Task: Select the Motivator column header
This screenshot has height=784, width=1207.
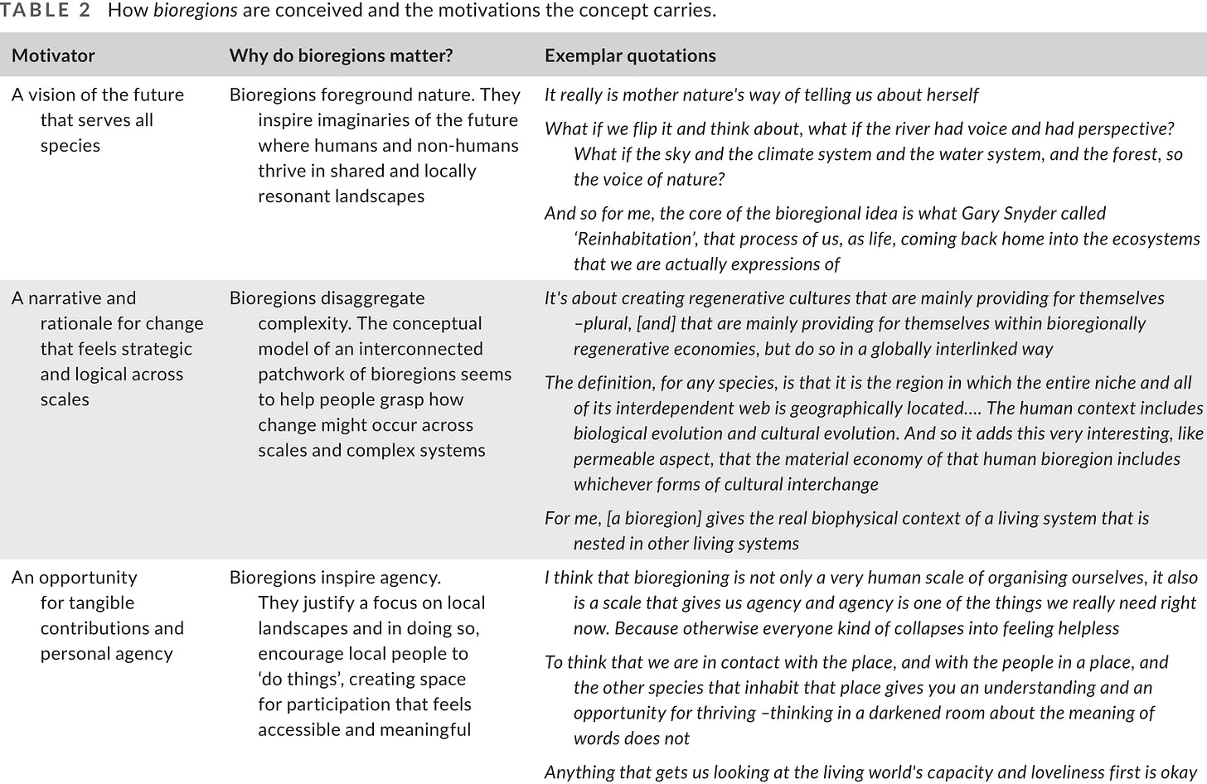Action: coord(53,56)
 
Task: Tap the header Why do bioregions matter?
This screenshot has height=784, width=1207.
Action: coord(341,56)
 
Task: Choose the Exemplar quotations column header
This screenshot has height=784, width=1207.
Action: coord(630,56)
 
